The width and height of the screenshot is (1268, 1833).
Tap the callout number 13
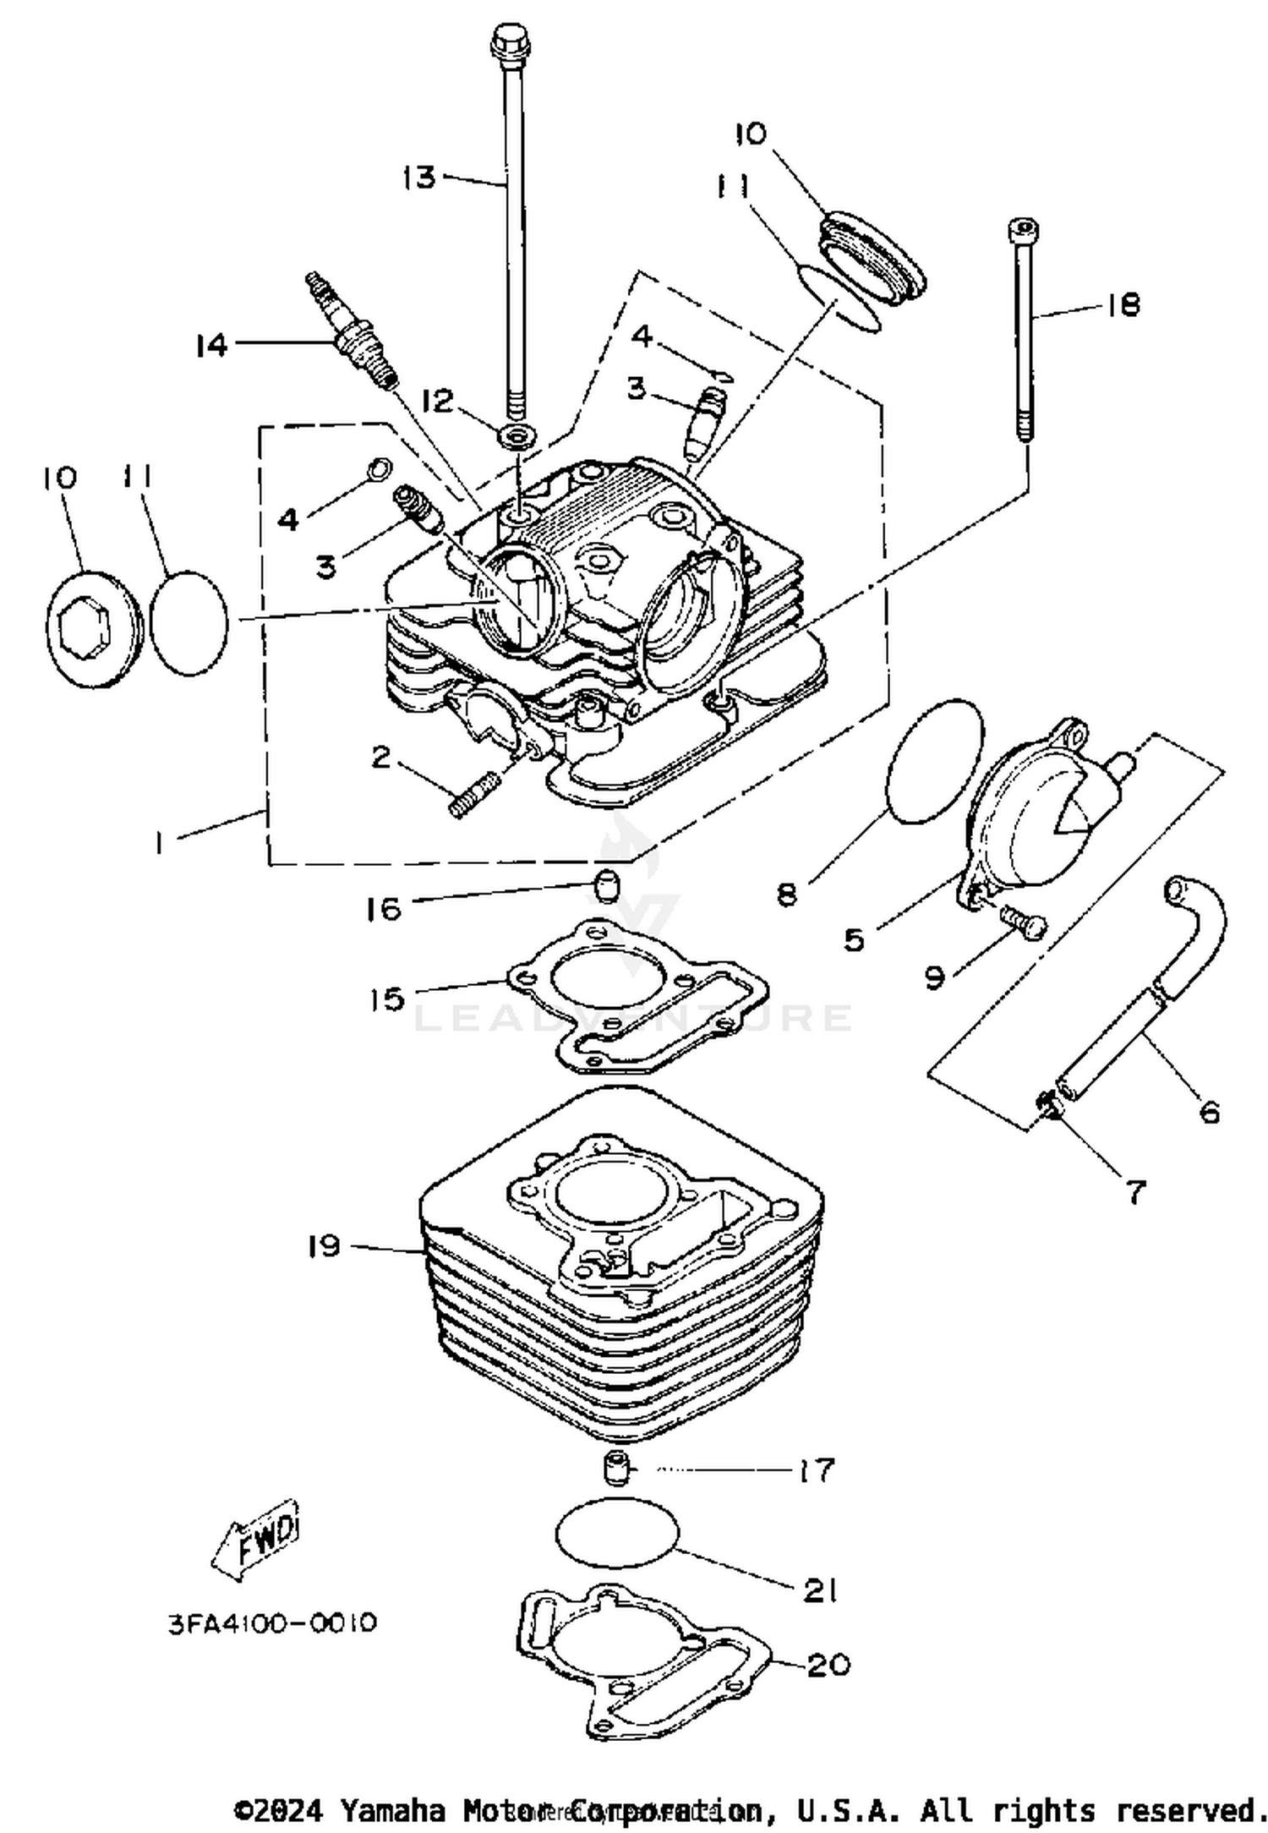tap(419, 178)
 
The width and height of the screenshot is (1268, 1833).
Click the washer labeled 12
tap(516, 439)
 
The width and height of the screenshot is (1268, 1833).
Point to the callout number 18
tap(1123, 304)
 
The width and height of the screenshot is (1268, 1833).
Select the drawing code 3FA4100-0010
tap(271, 1623)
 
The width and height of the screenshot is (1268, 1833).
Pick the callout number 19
tap(324, 1246)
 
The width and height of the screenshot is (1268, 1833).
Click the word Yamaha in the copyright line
tap(392, 1810)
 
